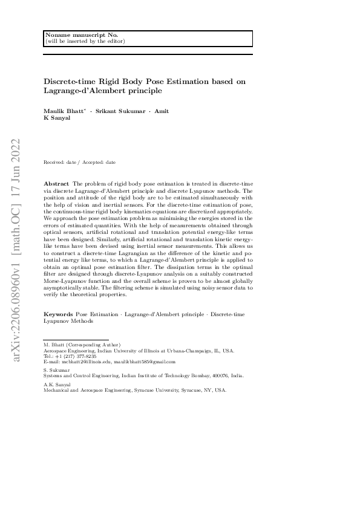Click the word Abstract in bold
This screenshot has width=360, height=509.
[x=57, y=183]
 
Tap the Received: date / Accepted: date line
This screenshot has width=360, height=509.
[x=80, y=162]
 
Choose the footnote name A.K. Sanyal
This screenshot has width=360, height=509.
[x=57, y=384]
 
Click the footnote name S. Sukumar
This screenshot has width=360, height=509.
[x=57, y=369]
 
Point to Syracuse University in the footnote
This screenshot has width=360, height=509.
[x=160, y=391]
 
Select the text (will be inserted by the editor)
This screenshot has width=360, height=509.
[x=85, y=41]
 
